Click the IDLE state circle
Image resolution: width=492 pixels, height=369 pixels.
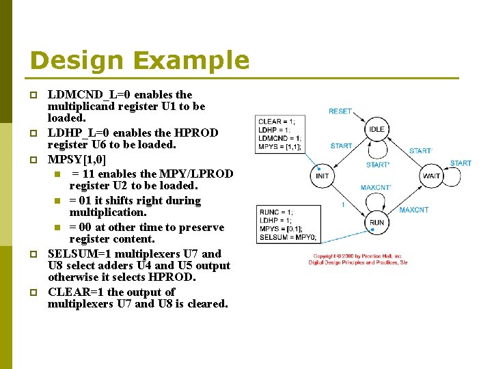(377, 129)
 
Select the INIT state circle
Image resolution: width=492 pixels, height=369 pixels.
(323, 176)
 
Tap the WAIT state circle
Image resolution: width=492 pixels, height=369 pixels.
(431, 176)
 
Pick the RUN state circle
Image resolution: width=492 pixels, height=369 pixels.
(377, 222)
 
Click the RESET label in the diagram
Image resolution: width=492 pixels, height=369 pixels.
(340, 111)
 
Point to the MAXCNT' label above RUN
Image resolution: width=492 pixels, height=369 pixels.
(375, 187)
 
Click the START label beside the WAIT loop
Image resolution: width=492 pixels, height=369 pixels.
(461, 163)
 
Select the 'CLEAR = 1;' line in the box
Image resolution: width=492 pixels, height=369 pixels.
(276, 122)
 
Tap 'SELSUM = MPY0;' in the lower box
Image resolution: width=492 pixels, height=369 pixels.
(288, 237)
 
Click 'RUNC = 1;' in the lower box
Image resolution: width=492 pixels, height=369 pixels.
(275, 212)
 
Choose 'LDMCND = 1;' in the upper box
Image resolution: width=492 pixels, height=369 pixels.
(279, 138)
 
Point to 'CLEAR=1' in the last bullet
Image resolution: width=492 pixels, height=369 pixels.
(75, 292)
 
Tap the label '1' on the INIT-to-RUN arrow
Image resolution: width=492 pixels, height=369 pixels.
(342, 205)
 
